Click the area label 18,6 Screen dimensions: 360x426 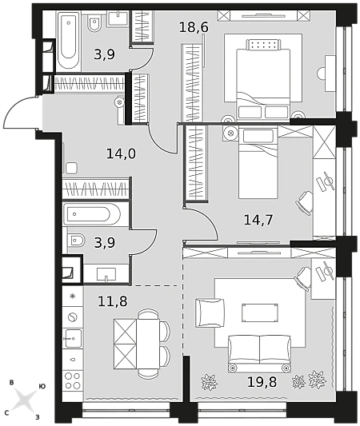(194, 27)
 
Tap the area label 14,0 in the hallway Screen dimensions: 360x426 (121, 153)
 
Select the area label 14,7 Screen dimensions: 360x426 (258, 220)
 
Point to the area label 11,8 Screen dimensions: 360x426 (113, 301)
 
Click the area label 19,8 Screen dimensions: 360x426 (262, 382)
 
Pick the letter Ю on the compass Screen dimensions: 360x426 (42, 387)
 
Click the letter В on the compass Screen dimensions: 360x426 (11, 383)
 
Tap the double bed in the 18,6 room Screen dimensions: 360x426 (262, 80)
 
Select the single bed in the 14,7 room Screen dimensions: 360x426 (258, 163)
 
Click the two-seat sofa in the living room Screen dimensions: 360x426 (259, 353)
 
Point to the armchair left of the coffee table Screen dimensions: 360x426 (210, 313)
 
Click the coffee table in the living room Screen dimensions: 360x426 (260, 313)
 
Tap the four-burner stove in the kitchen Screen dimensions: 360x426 (73, 380)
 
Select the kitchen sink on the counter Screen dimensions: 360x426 (73, 338)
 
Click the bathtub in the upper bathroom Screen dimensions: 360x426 (68, 41)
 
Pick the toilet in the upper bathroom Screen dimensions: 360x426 (94, 23)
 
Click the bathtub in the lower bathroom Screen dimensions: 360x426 (92, 214)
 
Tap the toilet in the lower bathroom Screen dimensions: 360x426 (76, 241)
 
